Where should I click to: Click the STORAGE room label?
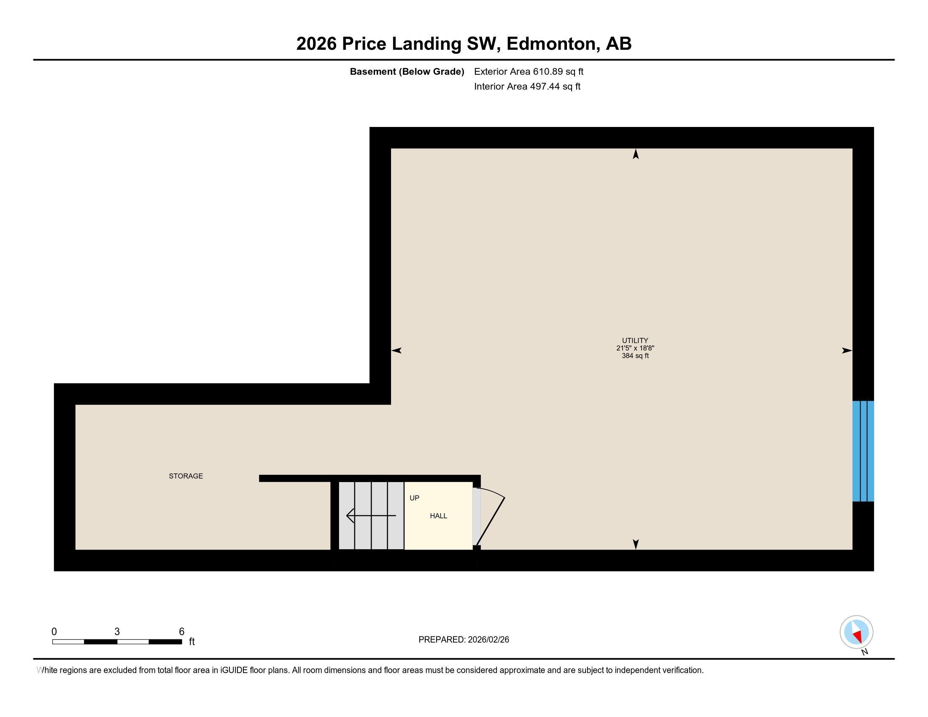point(186,476)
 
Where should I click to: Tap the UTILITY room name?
point(635,340)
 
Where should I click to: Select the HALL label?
point(438,516)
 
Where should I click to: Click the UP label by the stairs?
point(414,498)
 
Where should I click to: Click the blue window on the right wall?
point(863,451)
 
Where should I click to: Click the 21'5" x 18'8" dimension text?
point(635,348)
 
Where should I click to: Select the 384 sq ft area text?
point(635,356)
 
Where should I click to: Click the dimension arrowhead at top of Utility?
point(636,154)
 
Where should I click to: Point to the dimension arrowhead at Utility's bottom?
point(636,544)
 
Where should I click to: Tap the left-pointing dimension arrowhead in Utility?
point(397,350)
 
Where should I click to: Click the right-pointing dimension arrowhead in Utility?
point(847,350)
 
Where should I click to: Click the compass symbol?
point(856,632)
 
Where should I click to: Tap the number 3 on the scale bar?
point(117,632)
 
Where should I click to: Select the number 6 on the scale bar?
point(181,632)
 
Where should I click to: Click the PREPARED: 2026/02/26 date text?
point(464,640)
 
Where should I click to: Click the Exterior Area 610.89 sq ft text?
point(529,71)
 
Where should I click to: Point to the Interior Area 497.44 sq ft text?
point(527,86)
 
